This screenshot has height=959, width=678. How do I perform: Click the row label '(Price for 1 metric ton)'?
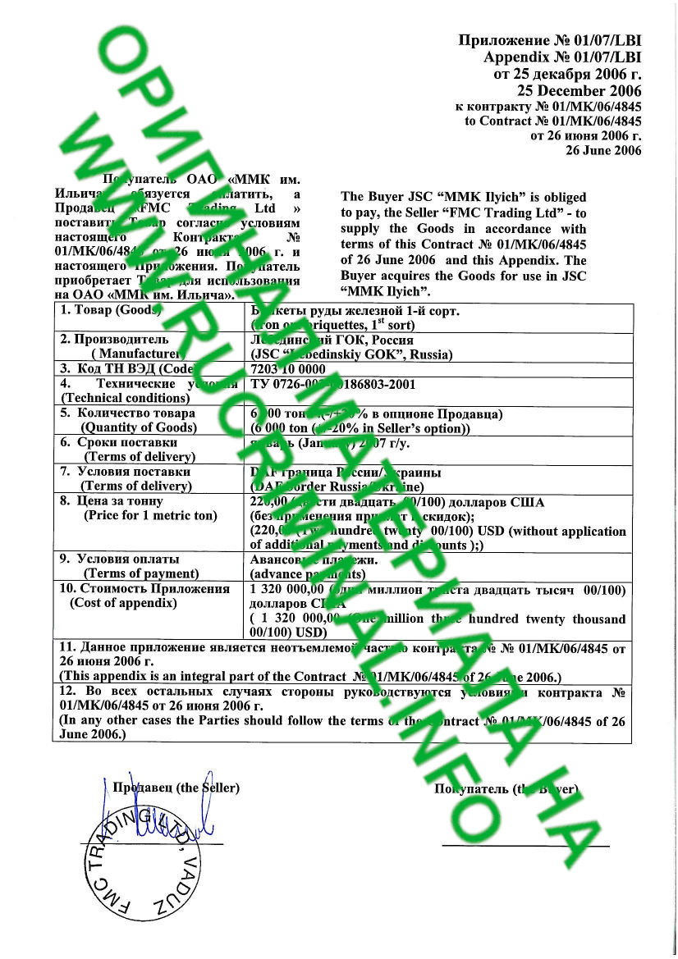click(150, 515)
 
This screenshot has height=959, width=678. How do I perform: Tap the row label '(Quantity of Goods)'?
click(138, 427)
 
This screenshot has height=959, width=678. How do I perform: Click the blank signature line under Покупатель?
click(525, 844)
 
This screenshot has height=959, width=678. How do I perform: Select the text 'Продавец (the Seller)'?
click(176, 788)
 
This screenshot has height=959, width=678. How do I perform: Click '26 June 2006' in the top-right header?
click(603, 150)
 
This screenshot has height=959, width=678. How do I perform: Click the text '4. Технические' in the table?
click(110, 383)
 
